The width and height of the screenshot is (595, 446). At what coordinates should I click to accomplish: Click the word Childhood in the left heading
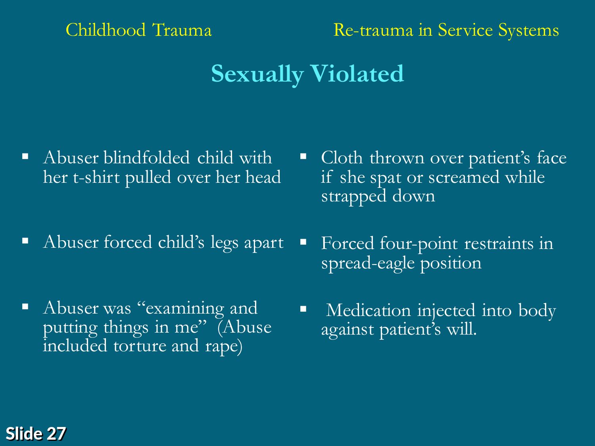tap(106, 29)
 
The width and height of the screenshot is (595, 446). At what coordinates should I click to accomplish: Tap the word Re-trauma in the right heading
tap(373, 30)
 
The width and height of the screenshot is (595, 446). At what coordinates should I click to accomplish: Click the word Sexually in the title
tap(257, 74)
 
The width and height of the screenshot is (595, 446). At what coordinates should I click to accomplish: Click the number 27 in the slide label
tap(56, 433)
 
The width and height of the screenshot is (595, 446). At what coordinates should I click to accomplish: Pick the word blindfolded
tap(146, 157)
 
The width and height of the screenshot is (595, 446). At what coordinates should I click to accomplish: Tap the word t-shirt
tap(96, 177)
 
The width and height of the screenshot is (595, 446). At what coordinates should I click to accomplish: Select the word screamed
tap(464, 177)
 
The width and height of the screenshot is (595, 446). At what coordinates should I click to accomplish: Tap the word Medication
tap(368, 310)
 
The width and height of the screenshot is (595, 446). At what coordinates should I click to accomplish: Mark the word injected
tap(446, 311)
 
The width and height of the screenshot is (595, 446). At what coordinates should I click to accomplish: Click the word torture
tap(140, 346)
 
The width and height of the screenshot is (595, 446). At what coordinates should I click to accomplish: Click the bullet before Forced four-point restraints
tap(303, 241)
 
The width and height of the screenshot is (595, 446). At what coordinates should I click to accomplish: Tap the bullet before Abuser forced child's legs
tap(25, 241)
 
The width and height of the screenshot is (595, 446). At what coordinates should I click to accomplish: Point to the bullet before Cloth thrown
tap(303, 156)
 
